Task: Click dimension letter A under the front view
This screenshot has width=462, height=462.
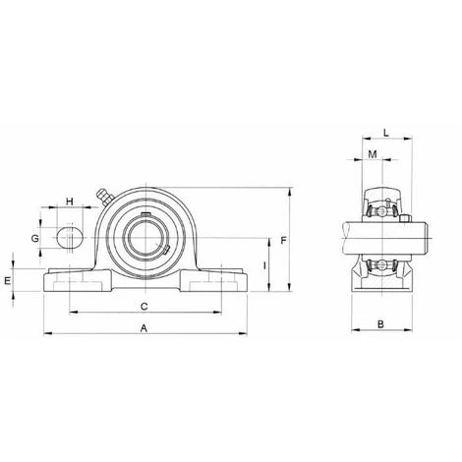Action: pyautogui.click(x=144, y=328)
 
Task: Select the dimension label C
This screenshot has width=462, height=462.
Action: pyautogui.click(x=144, y=307)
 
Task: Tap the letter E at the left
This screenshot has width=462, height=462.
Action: pyautogui.click(x=8, y=280)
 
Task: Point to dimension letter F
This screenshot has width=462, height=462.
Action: pyautogui.click(x=284, y=241)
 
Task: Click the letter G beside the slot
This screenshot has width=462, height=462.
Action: pyautogui.click(x=34, y=238)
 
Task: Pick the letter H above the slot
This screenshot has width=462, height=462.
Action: pyautogui.click(x=70, y=202)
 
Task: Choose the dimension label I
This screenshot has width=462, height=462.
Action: pyautogui.click(x=264, y=265)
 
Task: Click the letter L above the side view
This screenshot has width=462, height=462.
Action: pyautogui.click(x=386, y=133)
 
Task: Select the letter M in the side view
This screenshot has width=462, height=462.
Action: pyautogui.click(x=373, y=154)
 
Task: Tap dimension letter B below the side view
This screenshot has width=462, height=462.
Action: pyautogui.click(x=380, y=324)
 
